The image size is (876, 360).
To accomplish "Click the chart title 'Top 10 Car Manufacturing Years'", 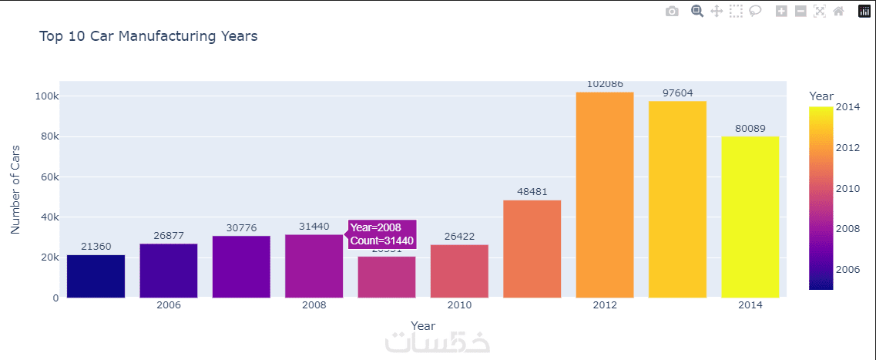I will (x=148, y=36).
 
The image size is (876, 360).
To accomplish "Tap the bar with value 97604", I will (x=677, y=199).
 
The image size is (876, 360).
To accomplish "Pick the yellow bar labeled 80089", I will (x=750, y=217).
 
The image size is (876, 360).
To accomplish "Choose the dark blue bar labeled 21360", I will (x=96, y=276).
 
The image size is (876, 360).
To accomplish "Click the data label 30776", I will (x=241, y=227).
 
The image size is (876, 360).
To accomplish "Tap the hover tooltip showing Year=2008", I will (x=382, y=234).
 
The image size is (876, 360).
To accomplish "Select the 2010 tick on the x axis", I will (x=459, y=305).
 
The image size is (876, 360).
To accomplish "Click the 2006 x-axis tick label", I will (x=168, y=305).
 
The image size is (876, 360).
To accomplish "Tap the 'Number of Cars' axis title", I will (x=15, y=189).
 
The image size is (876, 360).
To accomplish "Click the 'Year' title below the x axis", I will (x=423, y=325).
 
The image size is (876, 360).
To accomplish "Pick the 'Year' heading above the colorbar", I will (x=821, y=96).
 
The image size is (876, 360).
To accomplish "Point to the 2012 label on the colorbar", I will (x=848, y=147).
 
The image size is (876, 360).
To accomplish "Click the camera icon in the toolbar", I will (x=672, y=12).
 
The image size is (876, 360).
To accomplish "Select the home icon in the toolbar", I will (x=838, y=12).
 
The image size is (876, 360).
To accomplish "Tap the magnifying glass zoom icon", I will (x=697, y=12).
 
